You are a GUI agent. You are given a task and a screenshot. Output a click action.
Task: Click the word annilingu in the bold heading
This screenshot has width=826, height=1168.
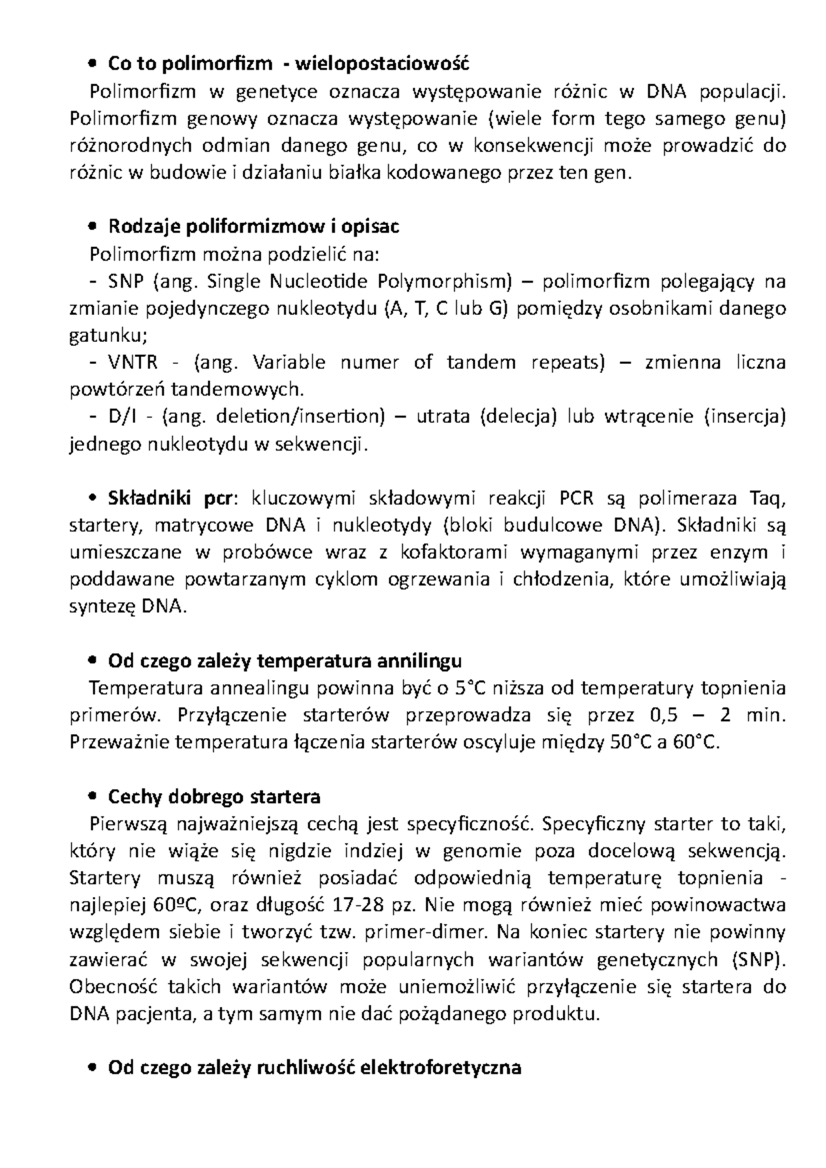420,661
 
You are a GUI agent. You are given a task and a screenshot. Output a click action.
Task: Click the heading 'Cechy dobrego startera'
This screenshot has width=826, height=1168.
214,797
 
